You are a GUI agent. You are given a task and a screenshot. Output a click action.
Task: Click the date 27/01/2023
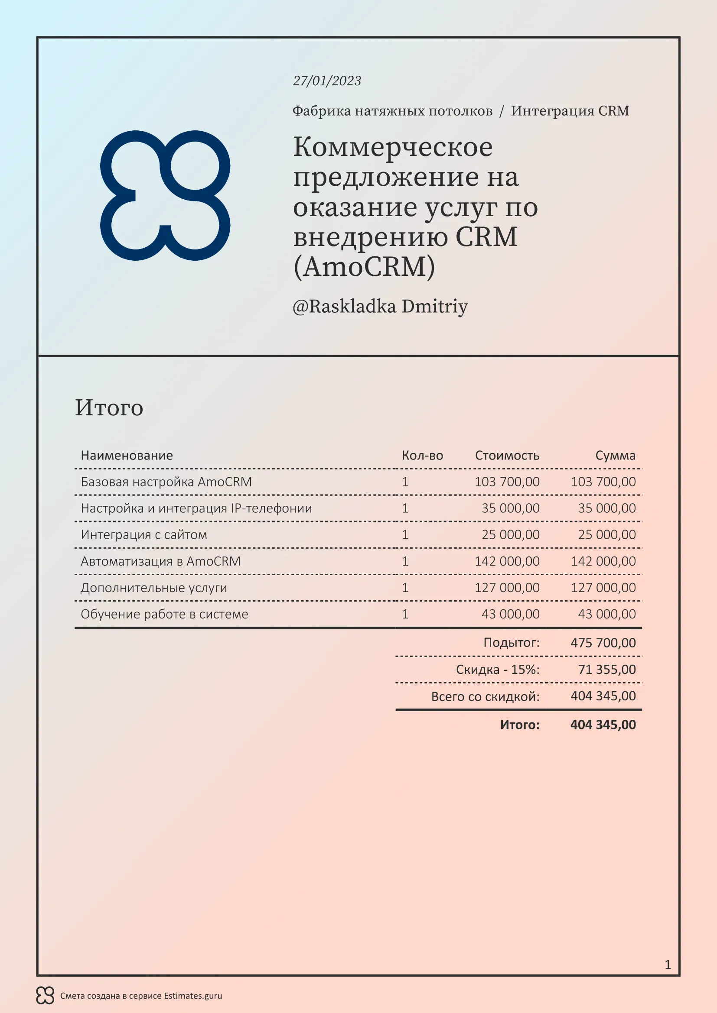click(x=327, y=81)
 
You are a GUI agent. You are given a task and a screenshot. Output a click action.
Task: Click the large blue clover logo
click(x=165, y=195)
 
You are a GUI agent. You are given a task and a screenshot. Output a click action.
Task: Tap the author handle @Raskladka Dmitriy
click(x=380, y=307)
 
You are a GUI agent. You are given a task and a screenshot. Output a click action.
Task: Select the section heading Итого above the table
click(x=109, y=407)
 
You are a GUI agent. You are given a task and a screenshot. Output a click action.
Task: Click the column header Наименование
click(x=127, y=455)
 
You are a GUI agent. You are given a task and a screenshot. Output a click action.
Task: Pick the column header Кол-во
click(x=422, y=455)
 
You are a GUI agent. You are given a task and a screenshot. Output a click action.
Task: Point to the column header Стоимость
click(x=507, y=455)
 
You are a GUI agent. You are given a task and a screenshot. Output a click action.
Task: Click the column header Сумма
click(x=615, y=455)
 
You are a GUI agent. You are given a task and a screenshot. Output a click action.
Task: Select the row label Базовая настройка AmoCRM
click(x=166, y=482)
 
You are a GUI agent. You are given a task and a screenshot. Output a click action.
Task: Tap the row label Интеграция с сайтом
click(x=143, y=535)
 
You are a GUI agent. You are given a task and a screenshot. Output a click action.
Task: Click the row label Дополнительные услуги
click(x=153, y=588)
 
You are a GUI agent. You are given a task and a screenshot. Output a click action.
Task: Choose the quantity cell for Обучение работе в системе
click(x=405, y=614)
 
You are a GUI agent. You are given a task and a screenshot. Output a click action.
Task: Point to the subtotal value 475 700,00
click(x=603, y=643)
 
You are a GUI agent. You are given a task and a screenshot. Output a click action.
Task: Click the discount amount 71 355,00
click(x=606, y=670)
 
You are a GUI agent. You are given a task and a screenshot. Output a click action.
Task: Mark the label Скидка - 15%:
click(x=498, y=670)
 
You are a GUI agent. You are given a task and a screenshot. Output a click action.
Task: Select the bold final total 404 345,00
click(x=603, y=725)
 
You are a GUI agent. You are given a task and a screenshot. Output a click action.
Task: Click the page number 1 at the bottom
click(x=668, y=964)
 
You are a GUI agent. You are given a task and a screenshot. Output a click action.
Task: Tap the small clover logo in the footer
click(x=45, y=995)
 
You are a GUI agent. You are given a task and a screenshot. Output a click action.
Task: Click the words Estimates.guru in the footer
click(x=193, y=996)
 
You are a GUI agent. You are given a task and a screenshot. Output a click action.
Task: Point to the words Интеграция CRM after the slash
click(x=570, y=111)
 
